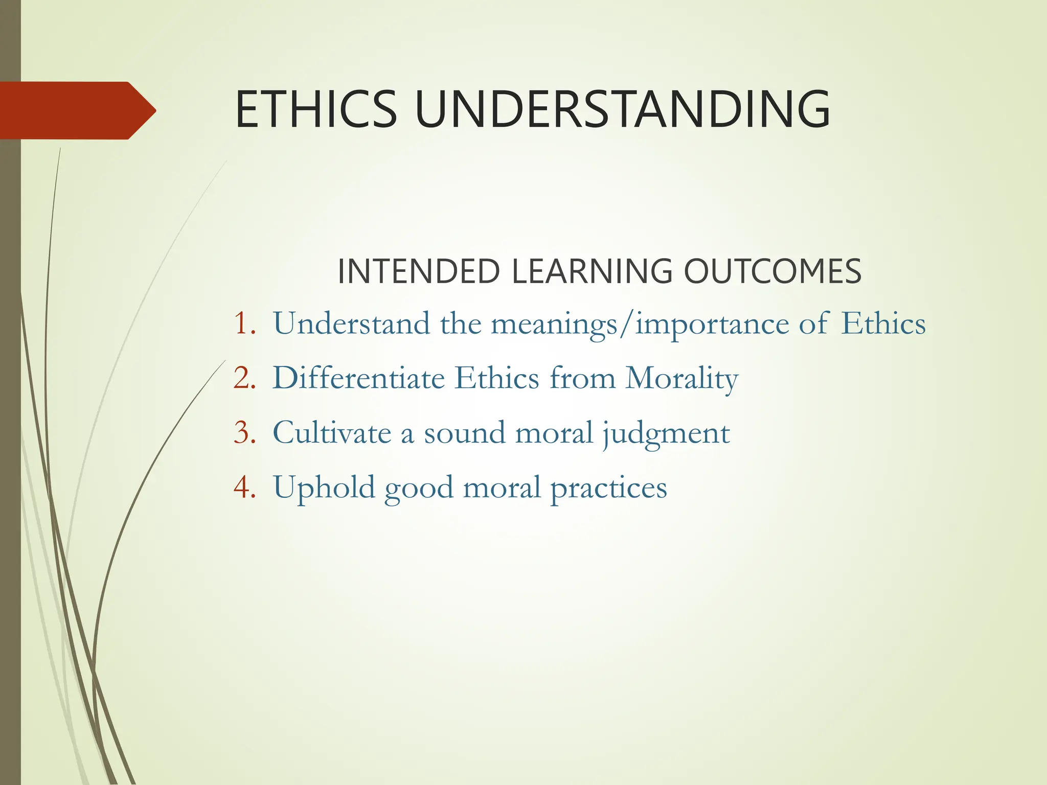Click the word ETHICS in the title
[316, 109]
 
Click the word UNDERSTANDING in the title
[622, 109]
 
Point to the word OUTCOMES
[772, 271]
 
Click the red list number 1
[244, 324]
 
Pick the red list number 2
[244, 379]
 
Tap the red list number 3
[244, 433]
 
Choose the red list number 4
[244, 487]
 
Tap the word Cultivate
[332, 433]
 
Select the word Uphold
[324, 488]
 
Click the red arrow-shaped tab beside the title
[77, 110]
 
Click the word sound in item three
[464, 433]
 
